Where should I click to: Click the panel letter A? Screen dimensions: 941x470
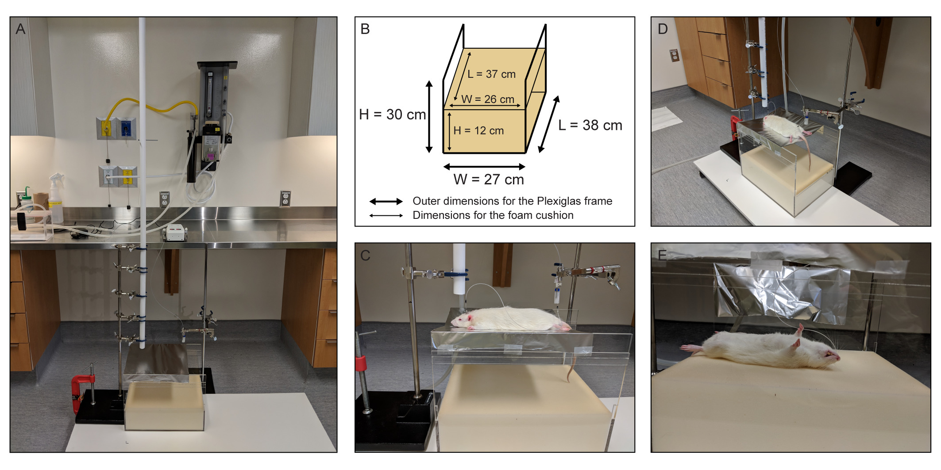20,29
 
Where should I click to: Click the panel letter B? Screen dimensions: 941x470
365,29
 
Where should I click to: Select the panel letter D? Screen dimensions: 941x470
663,29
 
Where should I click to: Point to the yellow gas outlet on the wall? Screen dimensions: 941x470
106,129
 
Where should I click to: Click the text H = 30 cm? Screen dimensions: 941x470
393,115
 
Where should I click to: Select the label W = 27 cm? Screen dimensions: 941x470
489,180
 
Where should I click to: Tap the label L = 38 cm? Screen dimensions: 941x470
590,125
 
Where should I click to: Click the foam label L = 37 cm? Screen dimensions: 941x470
491,74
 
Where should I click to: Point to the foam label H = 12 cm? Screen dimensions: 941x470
478,131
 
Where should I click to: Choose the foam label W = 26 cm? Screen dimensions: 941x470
488,99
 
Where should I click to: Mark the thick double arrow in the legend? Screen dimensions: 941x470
386,202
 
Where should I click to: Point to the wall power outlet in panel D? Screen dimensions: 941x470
675,55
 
